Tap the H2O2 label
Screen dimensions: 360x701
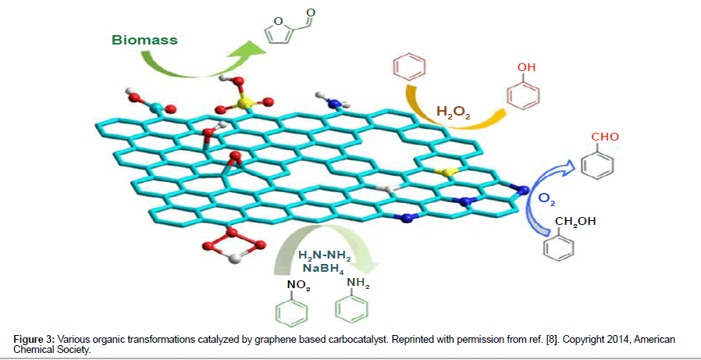click(453, 113)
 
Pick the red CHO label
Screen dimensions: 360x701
click(606, 137)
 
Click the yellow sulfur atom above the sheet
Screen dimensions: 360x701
click(242, 102)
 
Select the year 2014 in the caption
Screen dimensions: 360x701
click(597, 339)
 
